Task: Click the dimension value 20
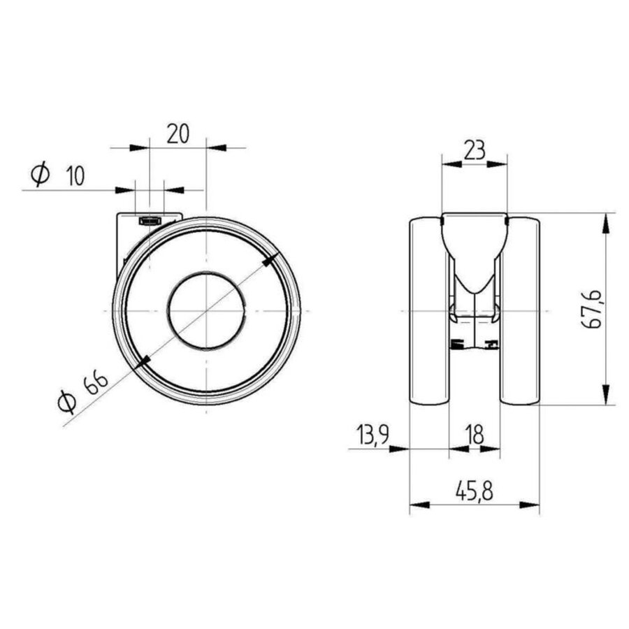pyautogui.click(x=178, y=133)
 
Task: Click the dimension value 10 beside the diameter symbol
pyautogui.click(x=75, y=176)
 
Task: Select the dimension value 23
pyautogui.click(x=475, y=150)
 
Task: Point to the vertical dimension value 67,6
pyautogui.click(x=591, y=308)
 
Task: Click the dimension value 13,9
pyautogui.click(x=373, y=435)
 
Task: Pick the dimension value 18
pyautogui.click(x=475, y=435)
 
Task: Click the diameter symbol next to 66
pyautogui.click(x=66, y=402)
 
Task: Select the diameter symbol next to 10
pyautogui.click(x=41, y=175)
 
